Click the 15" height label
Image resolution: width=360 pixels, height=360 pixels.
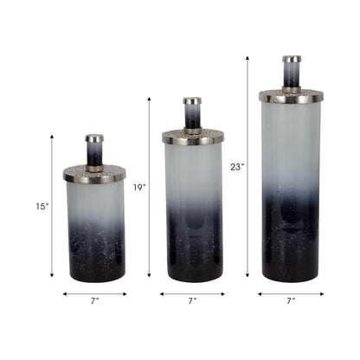coord(42,206)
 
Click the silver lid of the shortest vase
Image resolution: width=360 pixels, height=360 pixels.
coord(94,173)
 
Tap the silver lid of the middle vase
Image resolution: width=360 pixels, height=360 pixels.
coord(192,136)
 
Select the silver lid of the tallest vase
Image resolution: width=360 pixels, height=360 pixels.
coord(291,94)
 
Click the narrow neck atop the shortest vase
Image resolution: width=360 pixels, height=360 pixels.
coord(94,148)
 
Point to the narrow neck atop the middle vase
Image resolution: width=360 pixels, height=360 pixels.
coord(192,112)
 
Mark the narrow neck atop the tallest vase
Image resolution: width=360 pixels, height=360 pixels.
coord(291,70)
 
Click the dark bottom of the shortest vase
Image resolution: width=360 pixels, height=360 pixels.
coord(94,255)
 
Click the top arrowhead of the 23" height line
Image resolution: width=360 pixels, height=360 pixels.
coord(247,59)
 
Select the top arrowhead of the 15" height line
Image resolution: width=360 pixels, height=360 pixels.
coord(52,137)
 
